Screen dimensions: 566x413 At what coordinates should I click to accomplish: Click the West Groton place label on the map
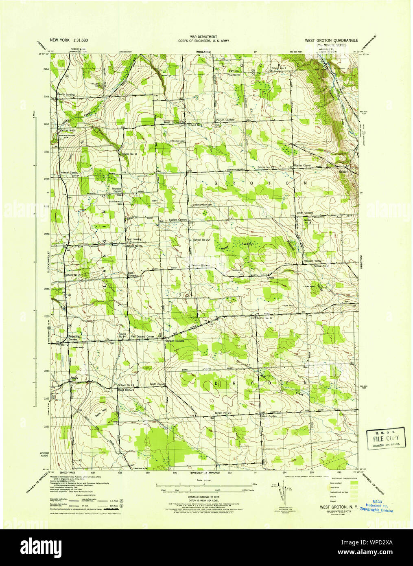click(x=172, y=122)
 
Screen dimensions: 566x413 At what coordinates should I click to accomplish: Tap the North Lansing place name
click(x=67, y=94)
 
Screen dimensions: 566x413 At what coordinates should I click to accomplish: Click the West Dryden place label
click(x=269, y=417)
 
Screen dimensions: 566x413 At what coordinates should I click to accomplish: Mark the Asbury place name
click(x=74, y=378)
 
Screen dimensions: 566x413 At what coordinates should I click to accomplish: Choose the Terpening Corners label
click(x=74, y=338)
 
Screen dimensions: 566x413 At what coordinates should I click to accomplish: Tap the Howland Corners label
click(x=174, y=341)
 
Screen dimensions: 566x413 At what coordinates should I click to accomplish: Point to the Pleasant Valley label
click(x=312, y=261)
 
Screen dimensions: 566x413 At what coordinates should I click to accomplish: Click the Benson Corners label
click(x=201, y=265)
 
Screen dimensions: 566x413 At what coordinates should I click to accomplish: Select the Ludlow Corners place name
click(x=178, y=219)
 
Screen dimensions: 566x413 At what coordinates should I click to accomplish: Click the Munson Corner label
click(x=117, y=189)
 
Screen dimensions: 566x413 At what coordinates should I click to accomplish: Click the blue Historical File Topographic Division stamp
click(x=376, y=507)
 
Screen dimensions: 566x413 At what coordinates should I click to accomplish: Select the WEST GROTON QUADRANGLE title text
click(x=332, y=40)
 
